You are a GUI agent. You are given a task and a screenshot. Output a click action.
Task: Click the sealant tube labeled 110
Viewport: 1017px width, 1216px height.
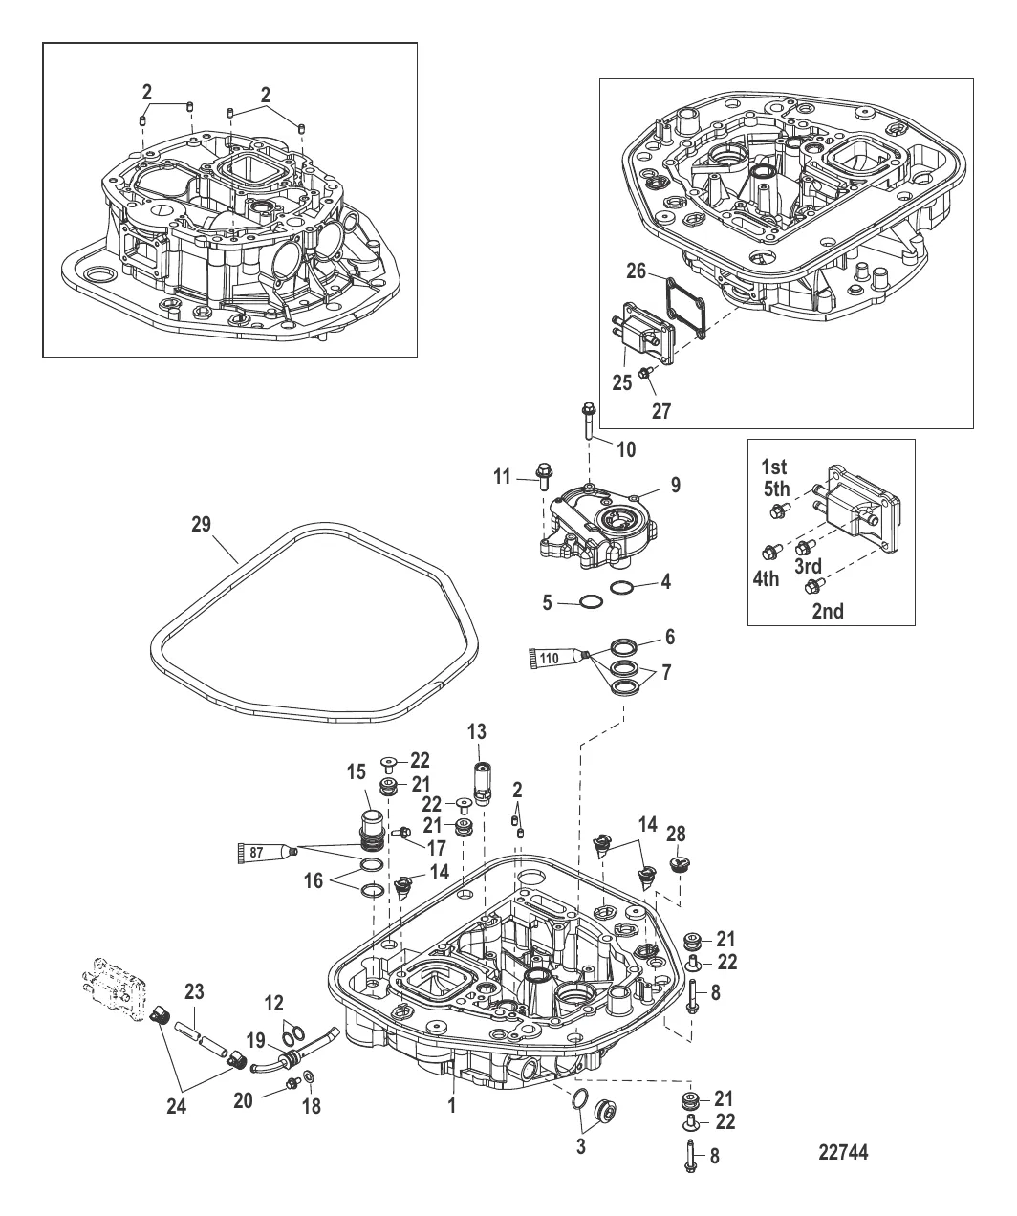point(558,658)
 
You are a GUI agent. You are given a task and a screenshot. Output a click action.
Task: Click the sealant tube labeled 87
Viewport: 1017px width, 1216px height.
point(268,852)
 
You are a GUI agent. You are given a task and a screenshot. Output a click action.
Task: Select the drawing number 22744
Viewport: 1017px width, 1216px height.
point(843,1152)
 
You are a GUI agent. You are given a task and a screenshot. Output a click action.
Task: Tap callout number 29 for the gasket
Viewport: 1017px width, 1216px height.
point(201,524)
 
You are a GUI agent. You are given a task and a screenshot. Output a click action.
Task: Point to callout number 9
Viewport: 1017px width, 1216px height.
point(675,485)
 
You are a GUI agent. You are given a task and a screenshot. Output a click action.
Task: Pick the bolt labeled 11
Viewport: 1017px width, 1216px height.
point(544,476)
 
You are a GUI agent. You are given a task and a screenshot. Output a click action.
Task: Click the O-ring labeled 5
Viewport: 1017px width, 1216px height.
point(588,601)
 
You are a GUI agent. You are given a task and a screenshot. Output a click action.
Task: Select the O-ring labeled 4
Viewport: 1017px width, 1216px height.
point(622,588)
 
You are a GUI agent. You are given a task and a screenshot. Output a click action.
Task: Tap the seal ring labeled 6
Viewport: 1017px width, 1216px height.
point(624,646)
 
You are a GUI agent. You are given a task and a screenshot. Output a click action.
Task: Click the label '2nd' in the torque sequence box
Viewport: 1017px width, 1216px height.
point(828,611)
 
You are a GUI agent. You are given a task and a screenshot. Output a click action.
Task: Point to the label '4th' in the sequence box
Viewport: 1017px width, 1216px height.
point(766,578)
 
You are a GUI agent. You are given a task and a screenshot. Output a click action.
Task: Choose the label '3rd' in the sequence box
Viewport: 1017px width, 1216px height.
point(808,566)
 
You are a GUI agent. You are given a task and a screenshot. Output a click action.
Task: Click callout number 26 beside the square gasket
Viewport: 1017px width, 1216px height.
point(636,271)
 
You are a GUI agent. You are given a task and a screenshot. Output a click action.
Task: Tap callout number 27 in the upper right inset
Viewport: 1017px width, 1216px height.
point(661,411)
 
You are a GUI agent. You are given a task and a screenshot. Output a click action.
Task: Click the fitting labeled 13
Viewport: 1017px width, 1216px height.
point(481,784)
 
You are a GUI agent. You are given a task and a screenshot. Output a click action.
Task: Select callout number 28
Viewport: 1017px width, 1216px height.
point(676,834)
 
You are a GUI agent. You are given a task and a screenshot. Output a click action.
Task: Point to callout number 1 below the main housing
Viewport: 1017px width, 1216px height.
point(452,1105)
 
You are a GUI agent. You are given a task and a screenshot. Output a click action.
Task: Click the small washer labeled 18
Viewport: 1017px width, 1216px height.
point(308,1074)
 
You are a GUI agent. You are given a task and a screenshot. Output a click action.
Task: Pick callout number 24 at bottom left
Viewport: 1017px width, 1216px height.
point(177,1106)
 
